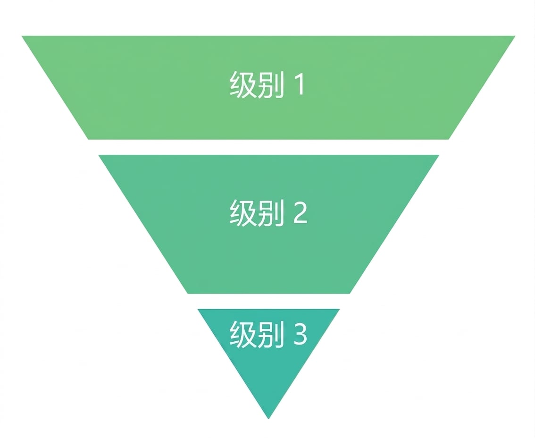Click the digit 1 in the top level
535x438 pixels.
[301, 84]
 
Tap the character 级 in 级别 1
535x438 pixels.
[243, 84]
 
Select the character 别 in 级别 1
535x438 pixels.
[271, 84]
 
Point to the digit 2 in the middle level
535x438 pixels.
[300, 212]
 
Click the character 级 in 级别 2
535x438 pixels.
[243, 212]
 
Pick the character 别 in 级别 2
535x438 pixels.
[271, 212]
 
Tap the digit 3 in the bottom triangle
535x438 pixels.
[300, 334]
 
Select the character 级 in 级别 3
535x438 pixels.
[243, 334]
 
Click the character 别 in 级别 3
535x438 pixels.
[271, 334]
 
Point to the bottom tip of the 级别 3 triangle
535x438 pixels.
[268, 419]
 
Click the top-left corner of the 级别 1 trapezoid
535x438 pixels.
[22, 36]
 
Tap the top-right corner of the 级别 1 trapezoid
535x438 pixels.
[515, 36]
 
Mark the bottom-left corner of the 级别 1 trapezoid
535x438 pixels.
[88, 139]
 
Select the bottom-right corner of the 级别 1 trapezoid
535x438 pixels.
[448, 139]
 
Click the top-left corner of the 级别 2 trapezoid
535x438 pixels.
[98, 155]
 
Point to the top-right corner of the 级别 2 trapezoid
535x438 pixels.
[439, 155]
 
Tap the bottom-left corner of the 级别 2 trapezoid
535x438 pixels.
[188, 294]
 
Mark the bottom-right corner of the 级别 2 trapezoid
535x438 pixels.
[350, 294]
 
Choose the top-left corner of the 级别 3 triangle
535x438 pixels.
[198, 309]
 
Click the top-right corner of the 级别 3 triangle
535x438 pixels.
[340, 309]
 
